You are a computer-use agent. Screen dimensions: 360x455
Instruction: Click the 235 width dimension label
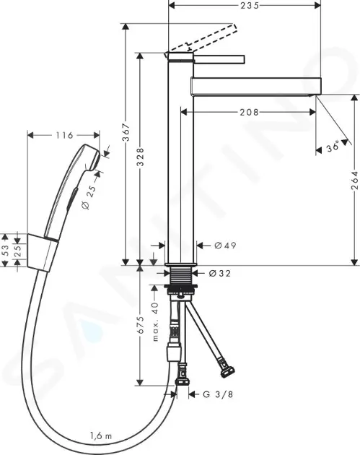click(250, 5)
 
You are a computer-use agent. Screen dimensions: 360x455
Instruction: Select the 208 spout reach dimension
click(249, 112)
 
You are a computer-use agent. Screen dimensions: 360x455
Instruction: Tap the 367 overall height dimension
click(126, 132)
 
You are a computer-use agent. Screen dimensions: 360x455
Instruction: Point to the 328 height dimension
click(140, 157)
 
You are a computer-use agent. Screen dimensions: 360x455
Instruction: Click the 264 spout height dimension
click(354, 181)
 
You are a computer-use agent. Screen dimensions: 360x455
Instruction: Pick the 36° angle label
click(333, 147)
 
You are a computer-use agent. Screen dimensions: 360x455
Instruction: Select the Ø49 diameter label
click(225, 246)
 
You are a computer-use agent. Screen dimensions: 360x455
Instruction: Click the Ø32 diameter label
click(220, 273)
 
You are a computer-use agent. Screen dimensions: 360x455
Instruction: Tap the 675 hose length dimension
click(140, 324)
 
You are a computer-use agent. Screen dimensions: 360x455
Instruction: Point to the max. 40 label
click(155, 321)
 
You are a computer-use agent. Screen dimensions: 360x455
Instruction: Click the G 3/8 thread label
click(218, 394)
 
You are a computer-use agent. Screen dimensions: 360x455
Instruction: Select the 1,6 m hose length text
click(100, 435)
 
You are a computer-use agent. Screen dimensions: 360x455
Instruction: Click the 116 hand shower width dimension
click(64, 135)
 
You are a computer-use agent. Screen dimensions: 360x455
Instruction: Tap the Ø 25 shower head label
click(89, 197)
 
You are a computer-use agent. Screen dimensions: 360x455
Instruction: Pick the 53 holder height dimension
click(5, 250)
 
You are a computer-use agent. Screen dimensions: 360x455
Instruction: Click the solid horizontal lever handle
click(219, 59)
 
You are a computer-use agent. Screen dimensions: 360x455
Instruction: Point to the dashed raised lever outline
click(203, 38)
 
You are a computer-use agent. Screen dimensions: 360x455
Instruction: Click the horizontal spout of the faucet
click(256, 86)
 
